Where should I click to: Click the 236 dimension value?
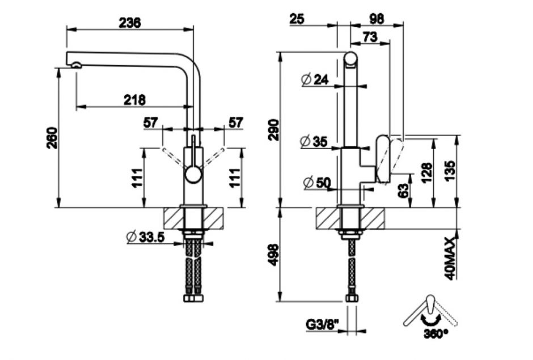tap(130, 22)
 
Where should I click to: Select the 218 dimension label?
tap(134, 99)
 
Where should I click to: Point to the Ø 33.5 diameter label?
tap(146, 238)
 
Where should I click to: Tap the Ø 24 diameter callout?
tap(315, 80)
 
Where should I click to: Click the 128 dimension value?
tap(426, 172)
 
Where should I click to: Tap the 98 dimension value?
tap(376, 19)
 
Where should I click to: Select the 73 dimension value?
tap(369, 37)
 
